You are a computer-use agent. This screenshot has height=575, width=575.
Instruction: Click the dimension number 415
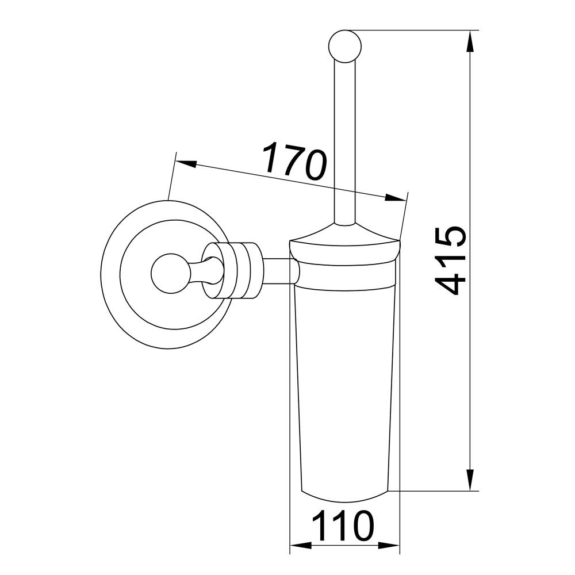pos(450,260)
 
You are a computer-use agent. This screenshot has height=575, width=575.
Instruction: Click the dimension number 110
pos(343,526)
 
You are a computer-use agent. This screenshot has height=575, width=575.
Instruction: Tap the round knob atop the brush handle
pos(345,46)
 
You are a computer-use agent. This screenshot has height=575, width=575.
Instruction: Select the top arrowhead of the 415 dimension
pos(470,41)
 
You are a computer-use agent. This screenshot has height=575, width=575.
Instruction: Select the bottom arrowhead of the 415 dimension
pos(470,480)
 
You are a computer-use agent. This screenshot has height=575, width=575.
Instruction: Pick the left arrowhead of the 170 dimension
pos(186,164)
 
